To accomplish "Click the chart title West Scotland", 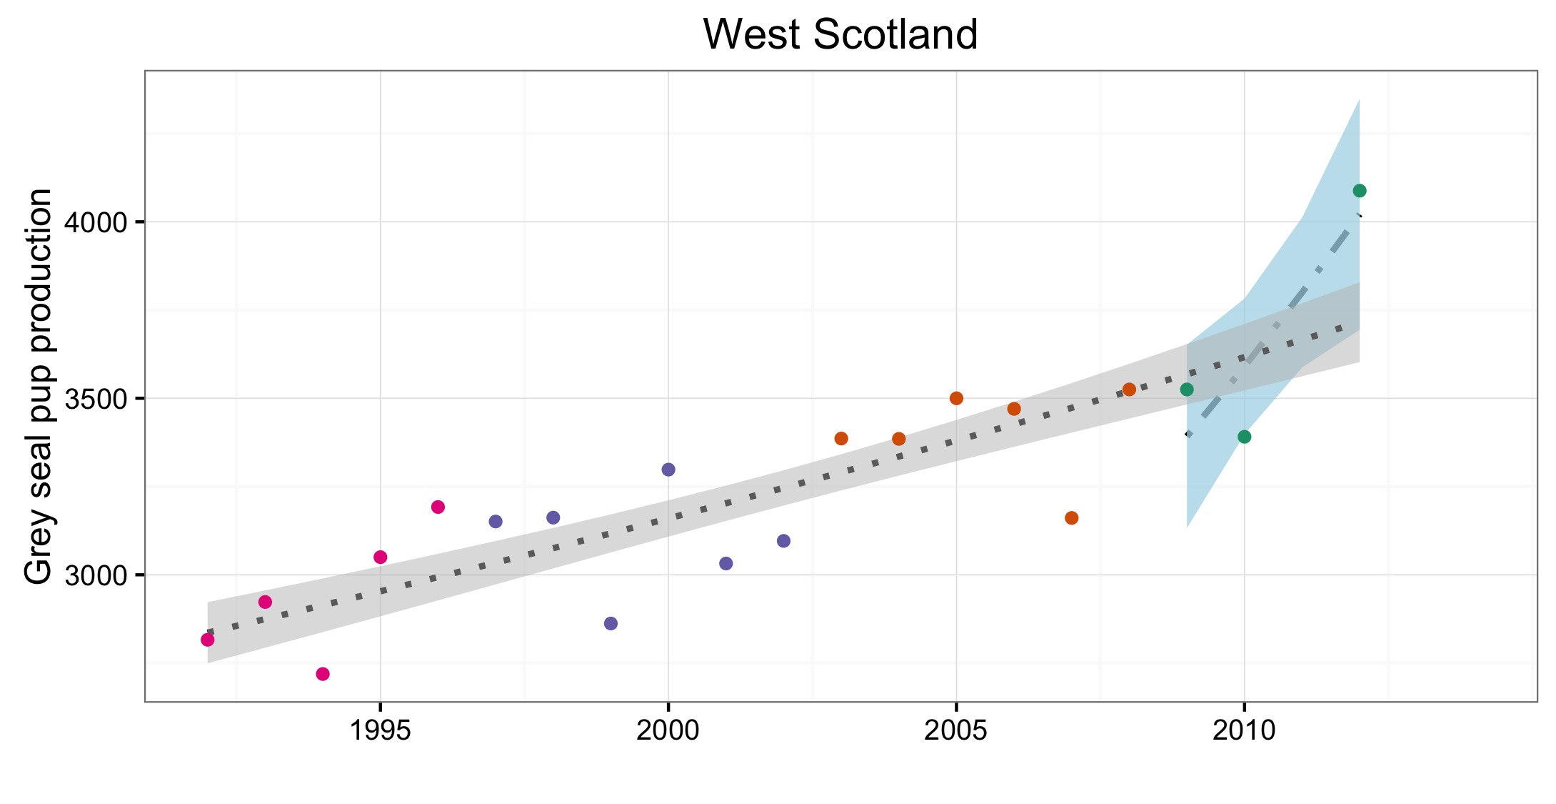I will [840, 34].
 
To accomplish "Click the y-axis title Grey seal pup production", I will [39, 386].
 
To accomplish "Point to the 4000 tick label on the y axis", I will [96, 222].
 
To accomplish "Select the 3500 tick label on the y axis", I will [96, 399].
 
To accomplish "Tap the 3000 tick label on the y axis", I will [96, 575].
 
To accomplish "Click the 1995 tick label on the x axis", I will [380, 730].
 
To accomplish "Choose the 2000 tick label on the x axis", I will [668, 730].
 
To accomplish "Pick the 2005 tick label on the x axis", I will [956, 730].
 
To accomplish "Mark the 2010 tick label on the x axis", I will [1244, 730].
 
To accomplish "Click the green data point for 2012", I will [1360, 191].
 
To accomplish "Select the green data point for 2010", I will [1244, 437].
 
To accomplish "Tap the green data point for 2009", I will [1187, 389].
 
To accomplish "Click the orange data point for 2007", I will [1071, 517].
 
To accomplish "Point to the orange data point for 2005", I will [956, 398].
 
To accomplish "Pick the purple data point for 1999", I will [611, 623].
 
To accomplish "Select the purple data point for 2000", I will [668, 470].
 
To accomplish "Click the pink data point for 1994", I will [323, 674].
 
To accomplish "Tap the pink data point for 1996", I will [438, 507].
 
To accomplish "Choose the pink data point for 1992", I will [208, 640].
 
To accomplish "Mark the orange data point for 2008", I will [1129, 389].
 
